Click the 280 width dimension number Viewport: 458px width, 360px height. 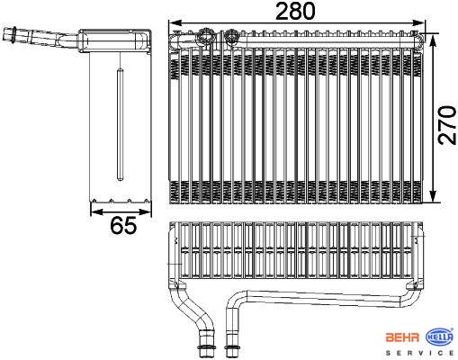click(295, 11)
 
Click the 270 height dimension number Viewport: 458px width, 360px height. click(447, 125)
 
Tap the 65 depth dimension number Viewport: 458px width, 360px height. click(123, 225)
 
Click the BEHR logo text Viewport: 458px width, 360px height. click(402, 337)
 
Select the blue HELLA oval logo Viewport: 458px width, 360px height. click(440, 337)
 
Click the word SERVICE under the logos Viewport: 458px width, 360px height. click(419, 353)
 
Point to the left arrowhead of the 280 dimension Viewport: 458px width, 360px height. click(175, 22)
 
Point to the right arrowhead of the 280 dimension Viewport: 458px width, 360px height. click(418, 22)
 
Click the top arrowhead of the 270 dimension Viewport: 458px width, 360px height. click(433, 40)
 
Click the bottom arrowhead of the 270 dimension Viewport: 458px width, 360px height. click(433, 196)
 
